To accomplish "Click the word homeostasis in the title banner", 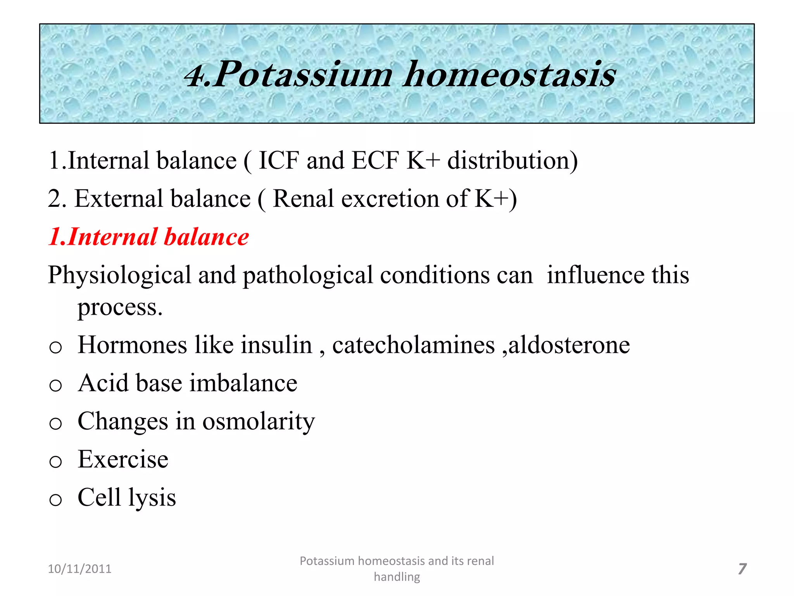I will click(509, 74).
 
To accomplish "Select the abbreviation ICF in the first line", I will click(279, 160).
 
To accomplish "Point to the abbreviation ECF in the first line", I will click(375, 160).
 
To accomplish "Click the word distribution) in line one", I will click(512, 160).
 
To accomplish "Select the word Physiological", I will click(119, 275).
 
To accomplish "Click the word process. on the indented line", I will click(120, 307).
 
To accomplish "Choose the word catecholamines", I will click(413, 345).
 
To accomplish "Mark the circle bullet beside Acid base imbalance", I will click(55, 385).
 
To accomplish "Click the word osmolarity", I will click(259, 421).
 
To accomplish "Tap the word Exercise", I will click(123, 459).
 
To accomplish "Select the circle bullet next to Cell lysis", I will click(55, 499).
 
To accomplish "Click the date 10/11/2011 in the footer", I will click(79, 569).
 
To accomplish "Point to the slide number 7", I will click(742, 569).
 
